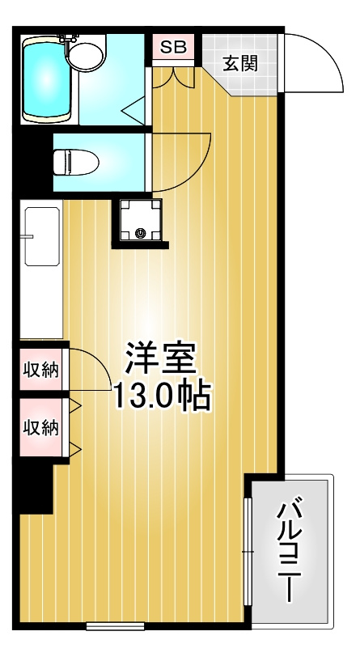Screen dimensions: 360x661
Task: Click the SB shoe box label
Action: [x=174, y=47]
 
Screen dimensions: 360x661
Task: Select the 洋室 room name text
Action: [x=161, y=358]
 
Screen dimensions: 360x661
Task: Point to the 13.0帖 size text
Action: [x=162, y=396]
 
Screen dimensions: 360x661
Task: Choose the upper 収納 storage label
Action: [x=40, y=370]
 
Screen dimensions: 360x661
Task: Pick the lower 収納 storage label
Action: [x=40, y=428]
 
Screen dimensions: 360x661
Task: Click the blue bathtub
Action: [x=47, y=79]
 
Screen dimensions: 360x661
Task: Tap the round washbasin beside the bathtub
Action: [x=86, y=56]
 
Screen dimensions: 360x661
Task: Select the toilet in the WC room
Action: [x=76, y=162]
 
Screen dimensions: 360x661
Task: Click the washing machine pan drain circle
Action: [x=140, y=232]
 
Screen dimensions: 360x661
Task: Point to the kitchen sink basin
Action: [x=42, y=236]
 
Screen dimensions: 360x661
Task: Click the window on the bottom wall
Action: [x=116, y=625]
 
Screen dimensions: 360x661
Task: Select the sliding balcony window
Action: [x=248, y=552]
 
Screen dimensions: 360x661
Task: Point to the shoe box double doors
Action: [x=173, y=78]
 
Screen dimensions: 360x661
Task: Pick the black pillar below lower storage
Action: [x=36, y=488]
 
